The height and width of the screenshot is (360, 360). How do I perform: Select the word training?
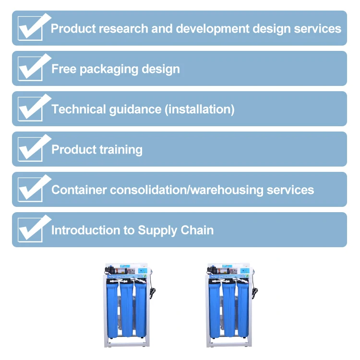pyautogui.click(x=120, y=150)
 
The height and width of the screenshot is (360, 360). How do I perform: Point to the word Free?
pyautogui.click(x=64, y=69)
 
